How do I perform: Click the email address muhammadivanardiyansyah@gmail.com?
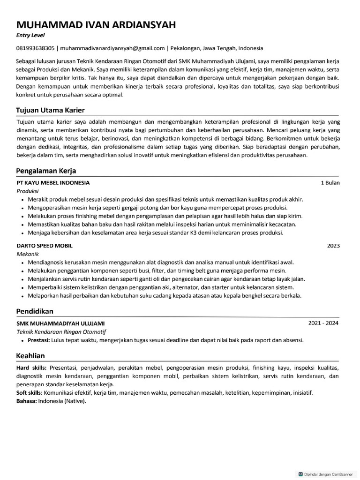coord(112,48)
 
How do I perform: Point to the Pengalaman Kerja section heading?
coord(46,171)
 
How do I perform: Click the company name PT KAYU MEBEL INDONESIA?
coord(53,183)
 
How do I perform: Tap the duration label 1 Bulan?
coord(330,183)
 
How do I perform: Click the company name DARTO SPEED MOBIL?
coord(45,246)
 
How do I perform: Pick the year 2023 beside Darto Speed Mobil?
coord(333,246)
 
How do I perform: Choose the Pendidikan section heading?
coord(35,311)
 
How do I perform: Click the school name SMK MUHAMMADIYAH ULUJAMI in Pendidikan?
coord(60,323)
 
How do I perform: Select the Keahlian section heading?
coord(31,356)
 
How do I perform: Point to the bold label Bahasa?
coord(26,401)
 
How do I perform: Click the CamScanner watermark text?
coord(328,474)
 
